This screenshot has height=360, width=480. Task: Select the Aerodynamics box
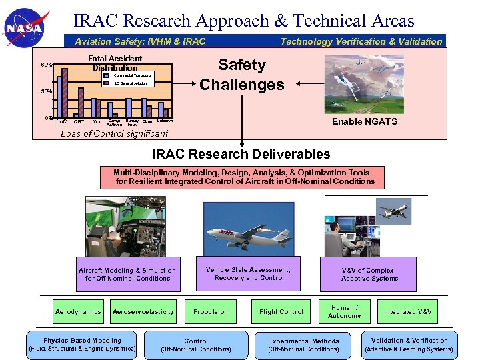tap(79, 311)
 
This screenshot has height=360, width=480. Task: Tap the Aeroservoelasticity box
tap(143, 311)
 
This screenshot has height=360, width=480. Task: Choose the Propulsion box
tap(211, 311)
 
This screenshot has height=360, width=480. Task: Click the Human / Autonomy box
tap(345, 311)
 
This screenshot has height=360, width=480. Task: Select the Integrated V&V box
tap(408, 311)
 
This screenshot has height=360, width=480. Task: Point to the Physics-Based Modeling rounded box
tap(83, 344)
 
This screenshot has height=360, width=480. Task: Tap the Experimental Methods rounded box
tap(303, 344)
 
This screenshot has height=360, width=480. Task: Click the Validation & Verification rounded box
tap(410, 344)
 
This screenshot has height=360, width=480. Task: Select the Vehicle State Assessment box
tap(249, 274)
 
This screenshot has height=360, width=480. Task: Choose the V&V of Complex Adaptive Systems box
tap(368, 274)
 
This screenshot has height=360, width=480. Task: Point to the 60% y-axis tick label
tap(47, 65)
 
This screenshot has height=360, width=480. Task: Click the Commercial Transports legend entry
tap(128, 75)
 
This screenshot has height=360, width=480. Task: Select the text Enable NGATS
tap(365, 121)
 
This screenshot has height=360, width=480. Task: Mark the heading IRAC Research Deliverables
tap(241, 154)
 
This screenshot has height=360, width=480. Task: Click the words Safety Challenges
tap(241, 75)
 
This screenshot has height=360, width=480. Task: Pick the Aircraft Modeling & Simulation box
tap(127, 274)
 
